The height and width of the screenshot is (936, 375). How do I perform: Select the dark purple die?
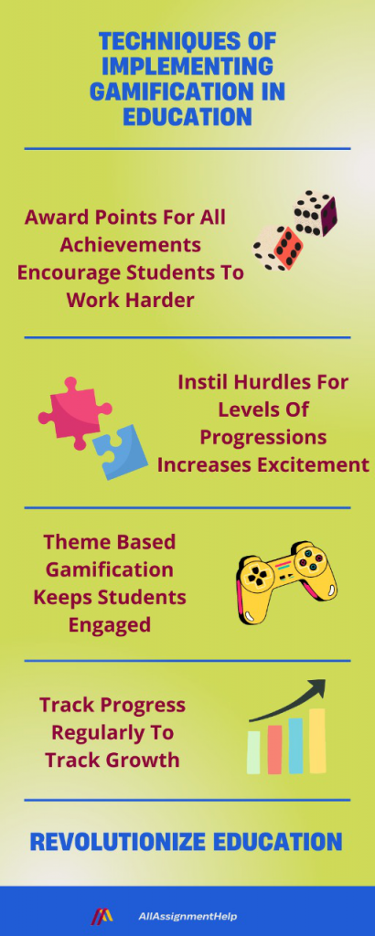point(316,213)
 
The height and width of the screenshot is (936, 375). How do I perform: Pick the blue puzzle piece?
point(120,452)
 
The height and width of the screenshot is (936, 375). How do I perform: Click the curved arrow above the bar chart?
point(289,698)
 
